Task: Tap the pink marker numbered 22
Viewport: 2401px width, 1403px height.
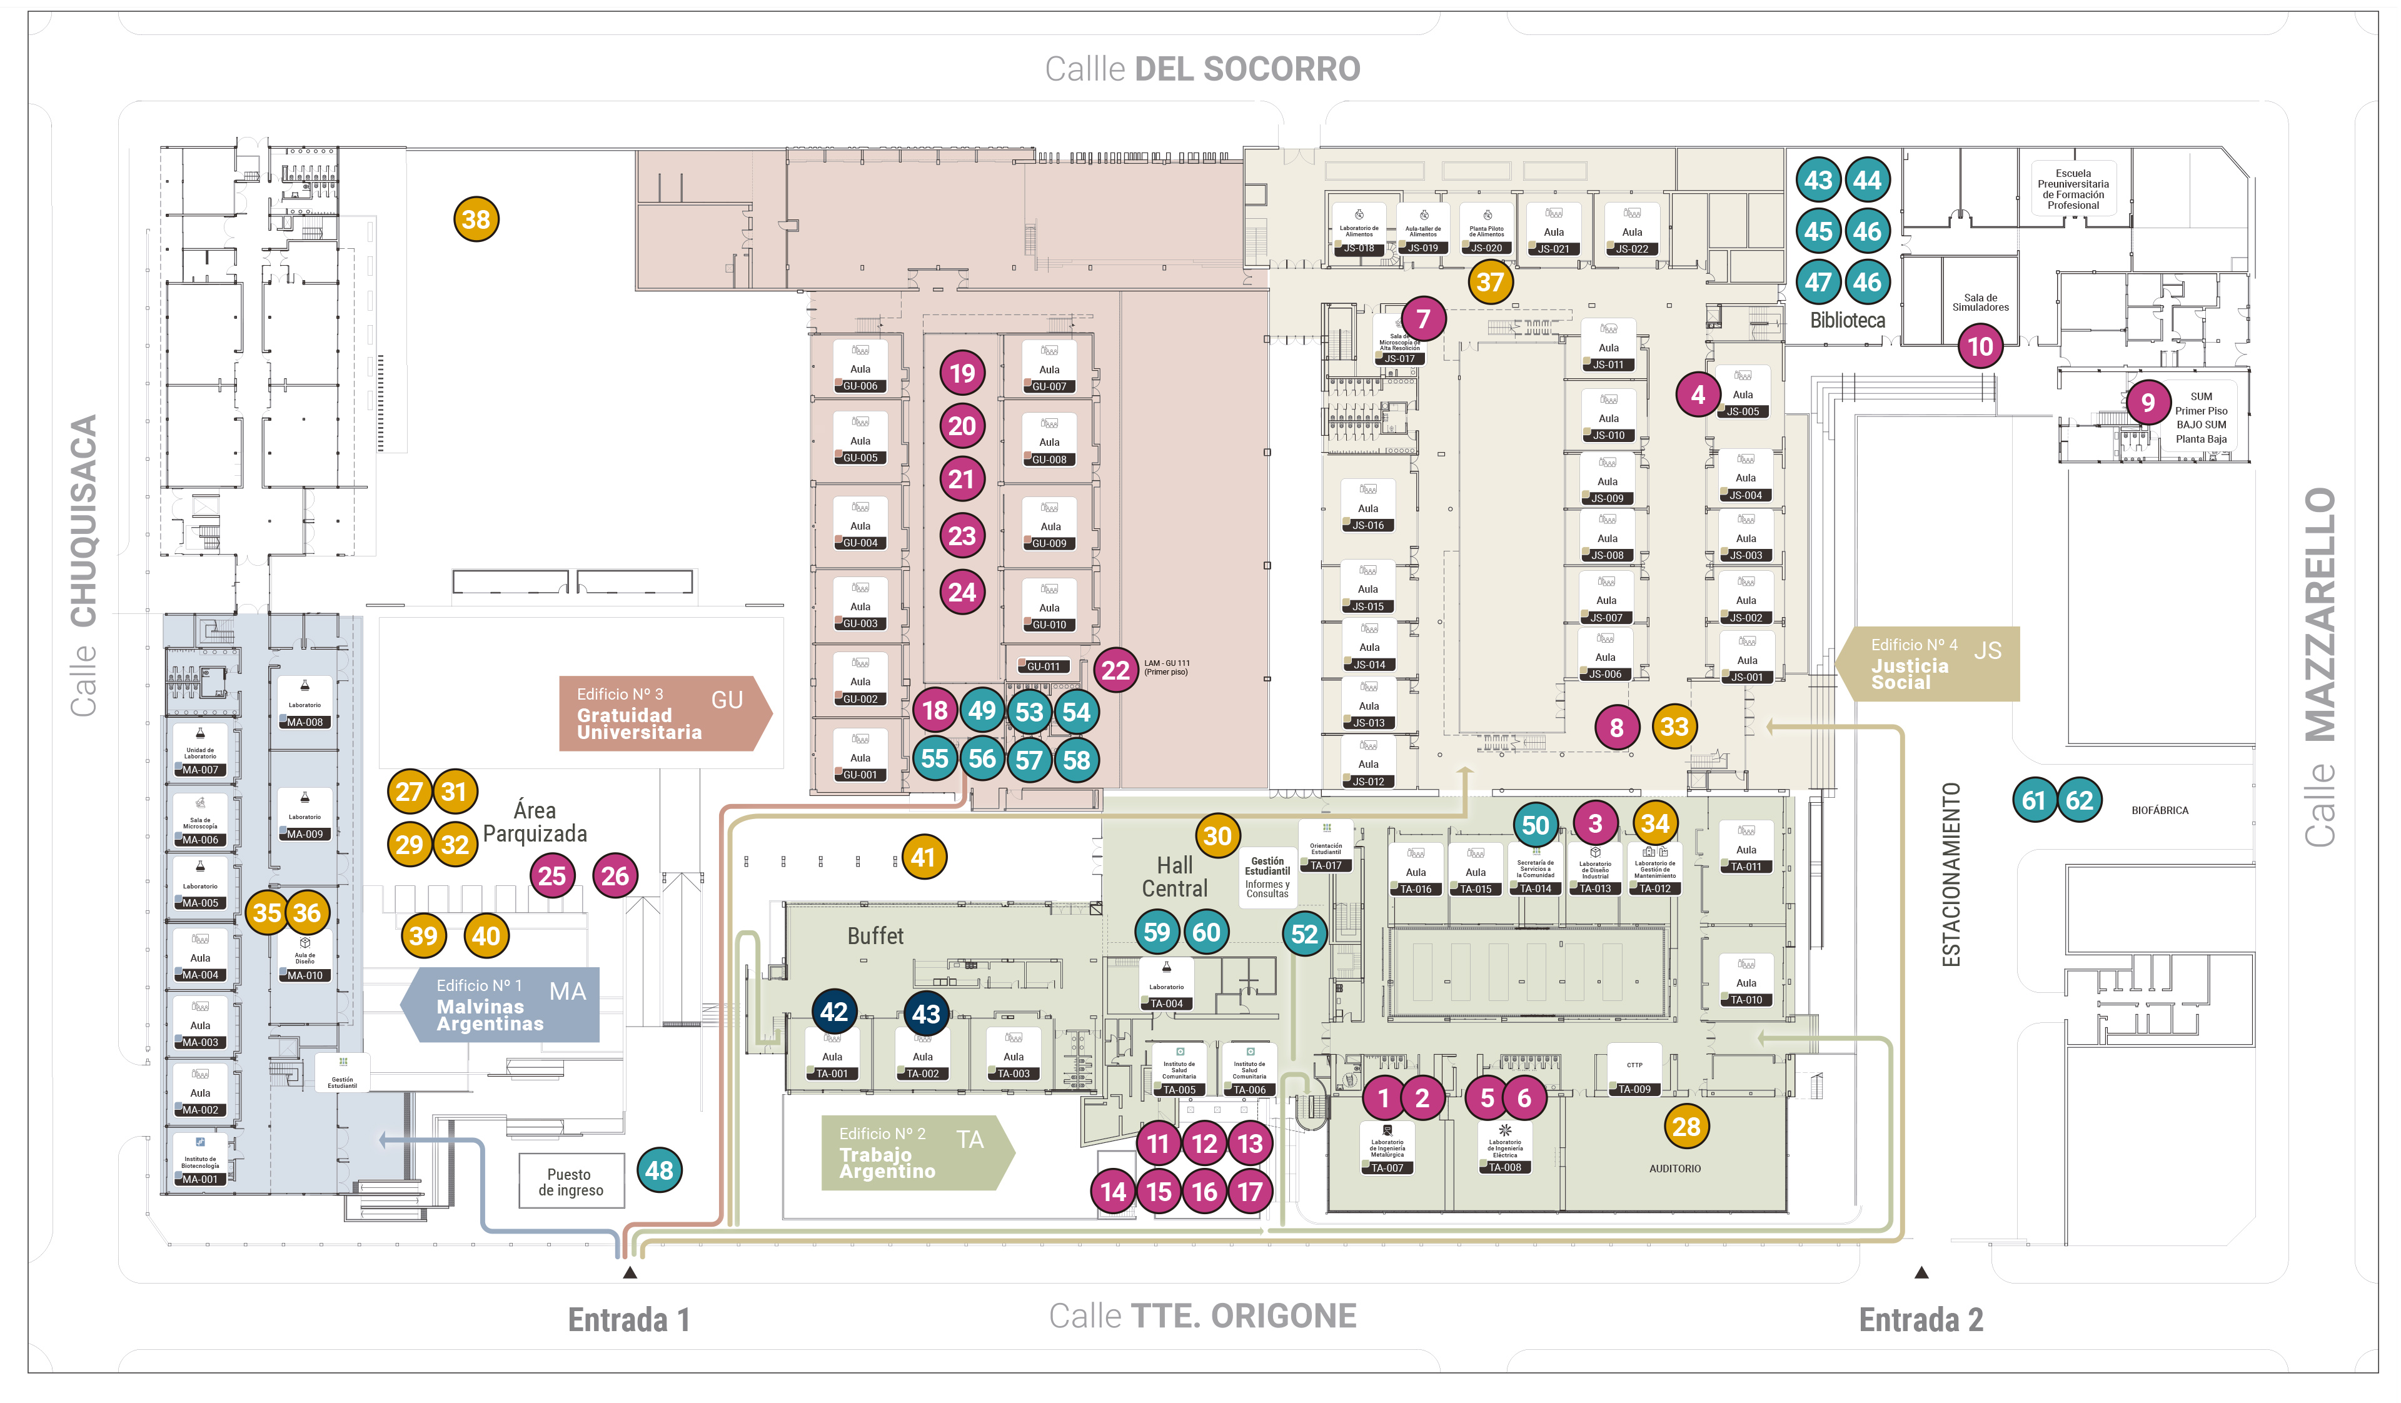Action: coord(1115,670)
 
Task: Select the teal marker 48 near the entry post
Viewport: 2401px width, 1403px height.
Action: coord(659,1170)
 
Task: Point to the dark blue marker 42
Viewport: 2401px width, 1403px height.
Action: coord(833,1012)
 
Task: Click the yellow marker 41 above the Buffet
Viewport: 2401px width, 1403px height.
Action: coord(922,857)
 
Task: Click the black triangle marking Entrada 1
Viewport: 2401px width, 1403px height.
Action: coord(630,1272)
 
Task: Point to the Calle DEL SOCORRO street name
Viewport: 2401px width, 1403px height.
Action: coord(1202,69)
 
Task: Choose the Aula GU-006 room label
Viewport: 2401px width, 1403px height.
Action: coord(860,368)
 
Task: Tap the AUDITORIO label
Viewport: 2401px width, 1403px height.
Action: coord(1674,1169)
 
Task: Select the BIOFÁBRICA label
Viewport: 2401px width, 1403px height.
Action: coord(2159,810)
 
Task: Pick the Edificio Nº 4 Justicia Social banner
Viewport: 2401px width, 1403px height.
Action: coord(1928,664)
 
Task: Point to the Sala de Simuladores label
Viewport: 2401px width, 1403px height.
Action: coord(1980,303)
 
